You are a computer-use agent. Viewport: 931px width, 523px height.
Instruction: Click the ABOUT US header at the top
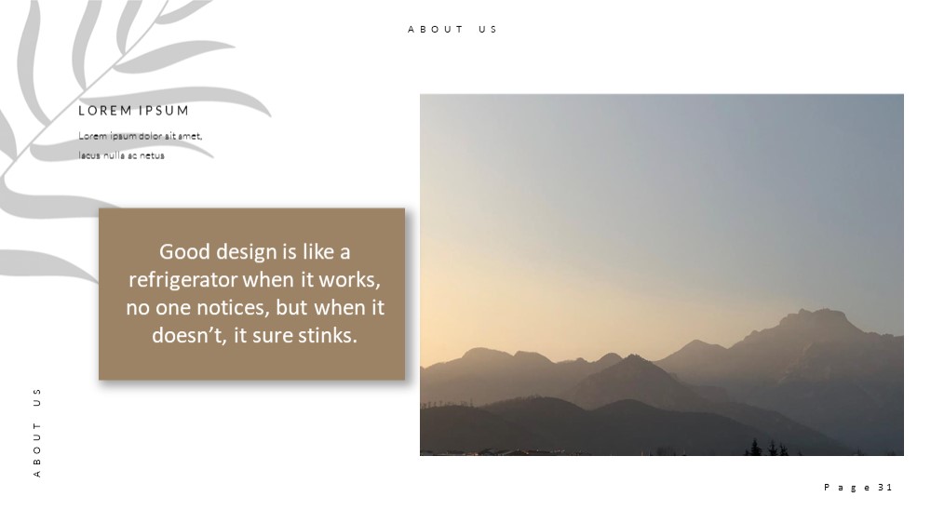452,29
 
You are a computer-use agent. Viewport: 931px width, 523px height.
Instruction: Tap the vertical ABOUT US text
37,433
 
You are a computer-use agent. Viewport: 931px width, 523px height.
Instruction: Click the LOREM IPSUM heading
133,111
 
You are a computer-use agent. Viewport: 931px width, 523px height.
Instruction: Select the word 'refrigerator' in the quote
183,279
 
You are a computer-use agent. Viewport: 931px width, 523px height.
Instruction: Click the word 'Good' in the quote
184,251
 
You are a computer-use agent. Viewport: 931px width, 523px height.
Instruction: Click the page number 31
884,488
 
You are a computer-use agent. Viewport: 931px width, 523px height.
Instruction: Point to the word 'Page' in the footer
848,488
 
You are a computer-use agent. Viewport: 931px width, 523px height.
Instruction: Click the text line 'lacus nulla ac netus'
121,155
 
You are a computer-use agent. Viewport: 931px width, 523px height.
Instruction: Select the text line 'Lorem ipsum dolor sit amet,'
141,136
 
